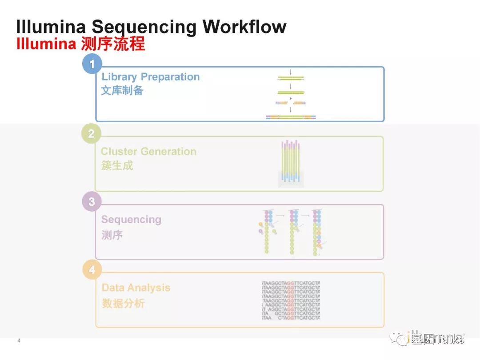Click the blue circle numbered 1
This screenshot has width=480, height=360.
(x=92, y=64)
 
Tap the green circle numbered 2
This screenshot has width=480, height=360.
(x=91, y=134)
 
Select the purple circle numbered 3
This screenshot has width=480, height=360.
(x=92, y=202)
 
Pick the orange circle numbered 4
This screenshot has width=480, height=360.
(x=92, y=270)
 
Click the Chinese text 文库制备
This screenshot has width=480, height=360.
(x=122, y=91)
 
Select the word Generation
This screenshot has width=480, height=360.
(x=168, y=152)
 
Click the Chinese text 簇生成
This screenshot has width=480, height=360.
(x=117, y=166)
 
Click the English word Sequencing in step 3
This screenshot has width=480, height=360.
(x=131, y=220)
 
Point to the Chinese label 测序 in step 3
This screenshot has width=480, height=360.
(x=112, y=235)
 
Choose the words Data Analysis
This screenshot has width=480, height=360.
(x=136, y=288)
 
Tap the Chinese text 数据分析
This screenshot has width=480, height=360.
(x=123, y=304)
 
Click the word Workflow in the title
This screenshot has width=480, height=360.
(x=244, y=27)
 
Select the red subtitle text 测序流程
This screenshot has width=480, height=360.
(x=113, y=44)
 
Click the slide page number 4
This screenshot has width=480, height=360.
(x=19, y=341)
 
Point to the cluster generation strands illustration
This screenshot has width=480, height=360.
(x=291, y=163)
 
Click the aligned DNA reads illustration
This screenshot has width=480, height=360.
(x=291, y=300)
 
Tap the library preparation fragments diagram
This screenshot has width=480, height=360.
(x=291, y=96)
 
